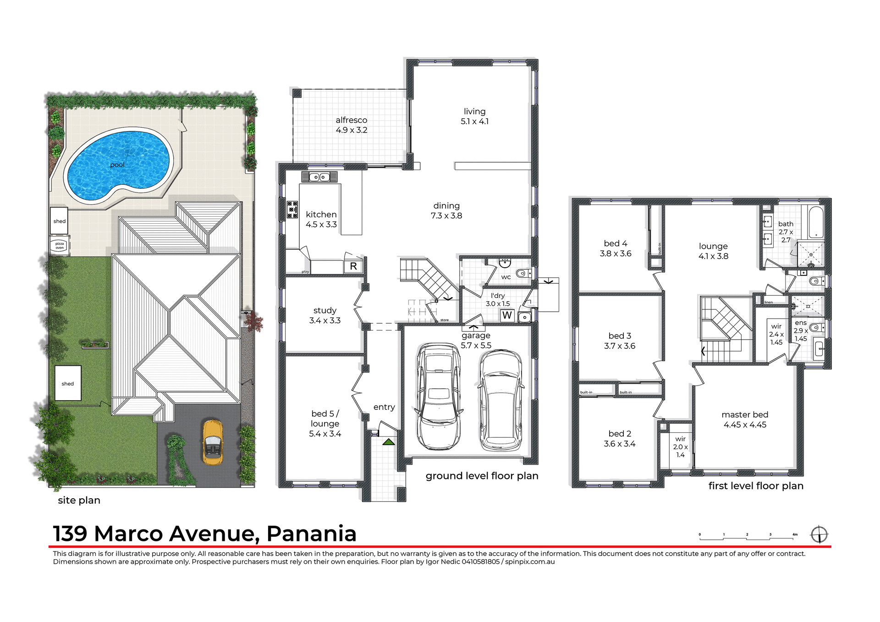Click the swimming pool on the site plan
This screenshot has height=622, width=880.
(x=118, y=165)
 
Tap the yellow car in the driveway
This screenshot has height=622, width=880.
(x=213, y=442)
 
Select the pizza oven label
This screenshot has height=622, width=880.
(x=60, y=246)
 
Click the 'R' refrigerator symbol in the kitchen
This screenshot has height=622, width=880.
(x=353, y=266)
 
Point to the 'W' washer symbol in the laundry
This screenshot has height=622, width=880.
(x=507, y=315)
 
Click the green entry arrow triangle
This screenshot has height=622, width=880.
(x=389, y=442)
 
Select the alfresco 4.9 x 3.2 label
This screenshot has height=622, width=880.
(x=352, y=125)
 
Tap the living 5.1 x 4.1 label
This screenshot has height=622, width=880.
(x=474, y=116)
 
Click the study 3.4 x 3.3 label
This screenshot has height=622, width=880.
(x=325, y=315)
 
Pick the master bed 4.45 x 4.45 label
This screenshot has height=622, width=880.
(x=745, y=419)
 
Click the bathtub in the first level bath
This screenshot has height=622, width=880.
(x=816, y=223)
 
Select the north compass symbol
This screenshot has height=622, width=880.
(x=819, y=534)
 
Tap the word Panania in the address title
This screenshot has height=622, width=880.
(x=311, y=534)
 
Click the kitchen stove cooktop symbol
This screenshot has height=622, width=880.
(x=292, y=209)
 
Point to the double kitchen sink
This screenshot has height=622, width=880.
(x=319, y=177)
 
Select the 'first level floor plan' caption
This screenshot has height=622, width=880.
(x=756, y=486)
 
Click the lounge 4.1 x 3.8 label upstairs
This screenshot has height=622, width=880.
(x=713, y=251)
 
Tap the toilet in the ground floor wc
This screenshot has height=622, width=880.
(x=522, y=274)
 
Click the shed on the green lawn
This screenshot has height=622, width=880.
(x=68, y=383)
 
